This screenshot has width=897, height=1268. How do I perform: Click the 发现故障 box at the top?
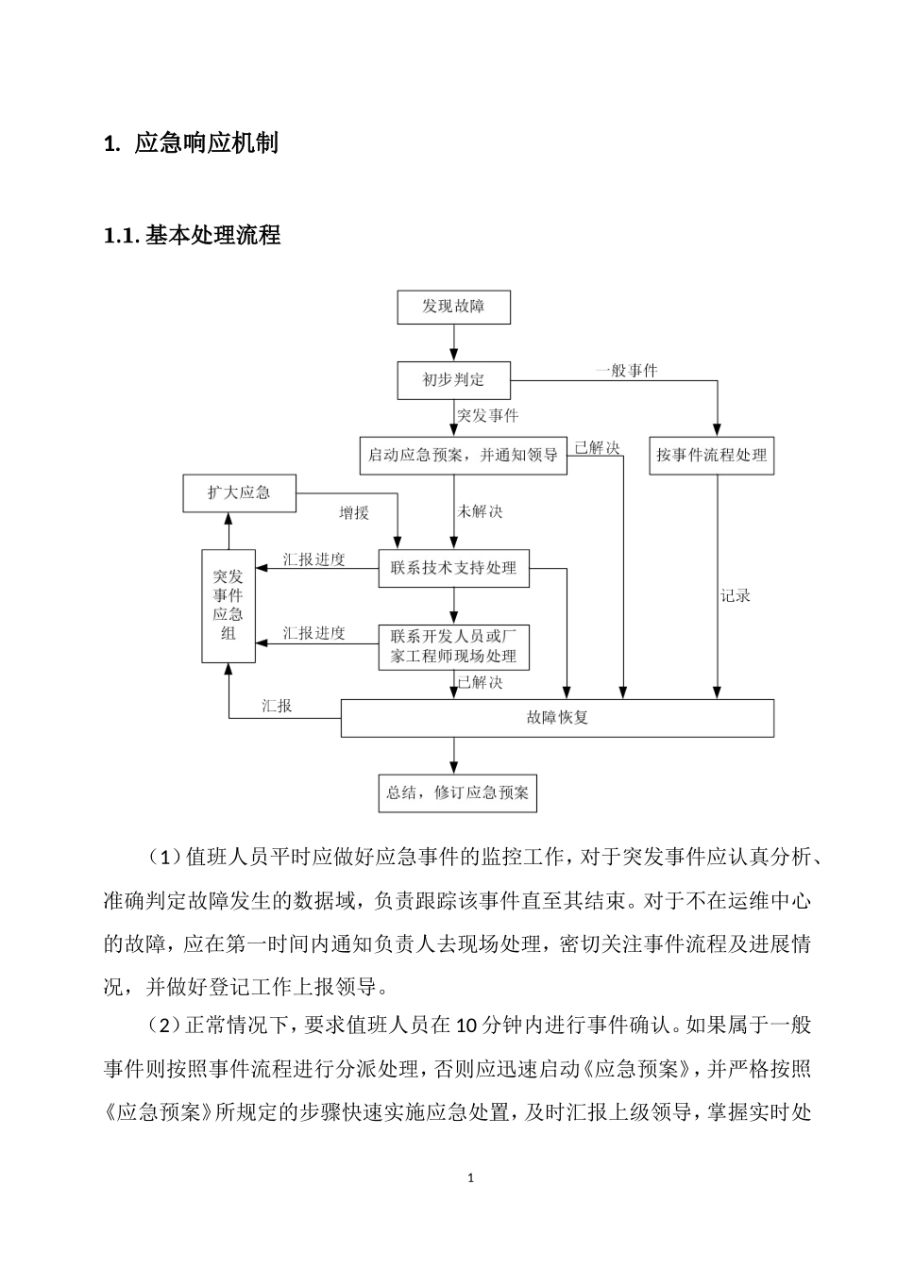453,307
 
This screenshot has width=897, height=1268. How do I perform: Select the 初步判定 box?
453,380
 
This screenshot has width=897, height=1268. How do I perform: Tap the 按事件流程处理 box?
712,456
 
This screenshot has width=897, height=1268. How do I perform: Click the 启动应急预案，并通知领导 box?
463,456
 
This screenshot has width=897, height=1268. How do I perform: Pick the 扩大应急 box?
239,493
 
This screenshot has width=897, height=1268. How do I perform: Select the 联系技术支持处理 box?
453,568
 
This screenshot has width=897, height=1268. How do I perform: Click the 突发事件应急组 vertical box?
228,605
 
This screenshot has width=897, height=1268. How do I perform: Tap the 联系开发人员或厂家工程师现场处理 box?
453,647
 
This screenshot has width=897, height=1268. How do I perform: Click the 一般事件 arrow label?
626,371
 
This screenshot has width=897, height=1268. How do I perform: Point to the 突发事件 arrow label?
487,415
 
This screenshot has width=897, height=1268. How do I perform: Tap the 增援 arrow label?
354,512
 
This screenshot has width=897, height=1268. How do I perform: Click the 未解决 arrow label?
480,511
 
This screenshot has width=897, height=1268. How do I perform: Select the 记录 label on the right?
735,595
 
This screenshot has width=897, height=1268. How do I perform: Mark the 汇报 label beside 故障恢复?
277,706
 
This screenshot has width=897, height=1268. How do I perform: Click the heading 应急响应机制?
206,143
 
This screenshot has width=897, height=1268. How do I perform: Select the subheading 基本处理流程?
213,235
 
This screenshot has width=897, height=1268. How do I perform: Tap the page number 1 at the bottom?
469,1178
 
